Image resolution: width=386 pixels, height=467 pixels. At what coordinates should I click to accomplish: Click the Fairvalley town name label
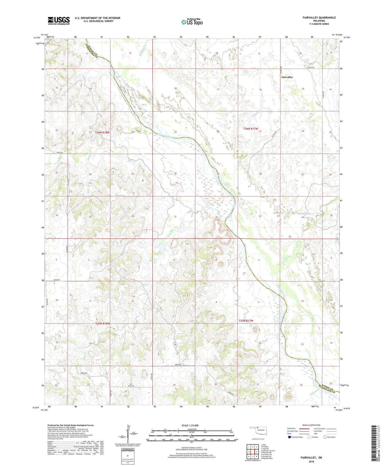tap(287, 77)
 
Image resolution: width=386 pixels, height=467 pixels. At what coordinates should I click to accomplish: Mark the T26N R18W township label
tap(102, 132)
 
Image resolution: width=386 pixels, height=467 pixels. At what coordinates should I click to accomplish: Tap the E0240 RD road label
tap(57, 280)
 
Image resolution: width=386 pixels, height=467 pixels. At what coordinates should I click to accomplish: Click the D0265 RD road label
tap(84, 373)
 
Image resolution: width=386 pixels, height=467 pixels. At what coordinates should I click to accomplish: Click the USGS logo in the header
tap(59, 21)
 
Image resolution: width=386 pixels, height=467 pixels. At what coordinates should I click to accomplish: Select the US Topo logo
tap(192, 22)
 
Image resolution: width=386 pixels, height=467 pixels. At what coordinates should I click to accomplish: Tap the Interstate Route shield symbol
tap(289, 437)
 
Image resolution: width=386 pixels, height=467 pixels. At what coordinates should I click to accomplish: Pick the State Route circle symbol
tap(325, 437)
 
